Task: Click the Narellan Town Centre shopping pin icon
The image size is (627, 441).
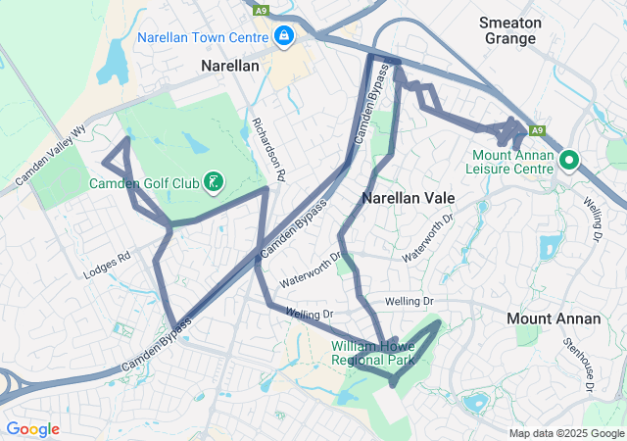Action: coord(284,36)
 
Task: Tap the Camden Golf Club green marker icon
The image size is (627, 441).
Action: coord(213,181)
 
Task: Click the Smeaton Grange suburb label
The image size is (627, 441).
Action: coord(509,30)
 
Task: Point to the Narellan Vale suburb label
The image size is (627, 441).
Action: coord(409,197)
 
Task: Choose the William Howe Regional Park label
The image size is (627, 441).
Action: coord(372,353)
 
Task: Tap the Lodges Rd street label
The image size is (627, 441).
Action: coord(107,265)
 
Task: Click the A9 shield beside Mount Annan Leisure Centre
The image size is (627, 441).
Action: coord(537,129)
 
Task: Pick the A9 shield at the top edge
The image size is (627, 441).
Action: coord(260,11)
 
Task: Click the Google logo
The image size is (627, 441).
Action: coord(32,429)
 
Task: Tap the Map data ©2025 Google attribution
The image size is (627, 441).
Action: coord(565,433)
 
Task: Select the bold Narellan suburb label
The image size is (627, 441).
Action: coord(229,67)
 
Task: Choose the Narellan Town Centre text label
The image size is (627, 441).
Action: coord(203,37)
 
